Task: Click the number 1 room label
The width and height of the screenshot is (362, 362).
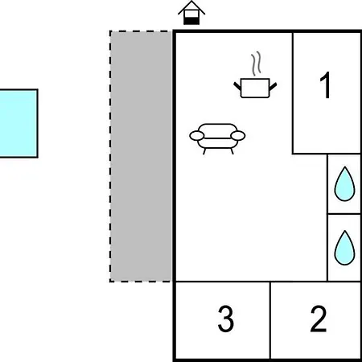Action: [326, 85]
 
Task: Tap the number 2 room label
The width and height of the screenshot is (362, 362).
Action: [319, 319]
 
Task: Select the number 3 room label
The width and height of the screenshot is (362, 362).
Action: [225, 319]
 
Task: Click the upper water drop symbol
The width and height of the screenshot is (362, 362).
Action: [344, 184]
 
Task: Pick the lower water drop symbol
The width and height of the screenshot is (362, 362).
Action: [344, 248]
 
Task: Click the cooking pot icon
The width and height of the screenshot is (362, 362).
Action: [255, 88]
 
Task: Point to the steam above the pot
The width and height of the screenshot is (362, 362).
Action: [256, 64]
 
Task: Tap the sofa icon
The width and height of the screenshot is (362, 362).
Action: [217, 138]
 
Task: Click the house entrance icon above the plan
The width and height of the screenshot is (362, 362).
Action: [191, 13]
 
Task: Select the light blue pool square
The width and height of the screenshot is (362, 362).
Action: [19, 123]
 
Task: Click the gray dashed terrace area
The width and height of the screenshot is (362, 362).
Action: [141, 156]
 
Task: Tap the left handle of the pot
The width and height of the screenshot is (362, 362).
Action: [237, 86]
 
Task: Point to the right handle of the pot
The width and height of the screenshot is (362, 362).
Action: [273, 86]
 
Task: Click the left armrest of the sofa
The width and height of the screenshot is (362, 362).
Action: [196, 136]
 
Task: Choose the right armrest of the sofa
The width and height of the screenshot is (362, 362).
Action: [238, 136]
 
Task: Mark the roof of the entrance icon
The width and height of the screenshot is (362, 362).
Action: [191, 7]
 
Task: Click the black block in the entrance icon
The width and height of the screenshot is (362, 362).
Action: [191, 21]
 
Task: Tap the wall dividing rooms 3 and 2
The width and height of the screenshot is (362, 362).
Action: [270, 319]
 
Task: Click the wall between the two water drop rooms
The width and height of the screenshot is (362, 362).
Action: [343, 214]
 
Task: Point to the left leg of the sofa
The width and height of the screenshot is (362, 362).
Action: [204, 151]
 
